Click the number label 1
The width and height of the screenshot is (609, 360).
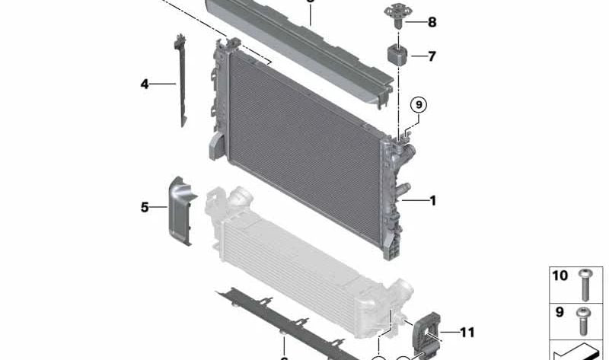pyautogui.click(x=432, y=201)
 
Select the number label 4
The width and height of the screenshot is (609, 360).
pyautogui.click(x=145, y=84)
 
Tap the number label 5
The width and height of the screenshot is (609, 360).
pyautogui.click(x=145, y=205)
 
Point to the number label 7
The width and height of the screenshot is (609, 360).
pyautogui.click(x=432, y=56)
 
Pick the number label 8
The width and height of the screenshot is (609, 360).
pyautogui.click(x=432, y=22)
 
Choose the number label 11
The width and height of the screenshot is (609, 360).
pyautogui.click(x=467, y=333)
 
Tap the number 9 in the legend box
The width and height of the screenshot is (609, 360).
pyautogui.click(x=560, y=312)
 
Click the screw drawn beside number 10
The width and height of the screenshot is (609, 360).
pyautogui.click(x=585, y=285)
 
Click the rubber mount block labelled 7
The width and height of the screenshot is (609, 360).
pyautogui.click(x=397, y=55)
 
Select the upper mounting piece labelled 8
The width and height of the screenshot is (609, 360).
pyautogui.click(x=397, y=15)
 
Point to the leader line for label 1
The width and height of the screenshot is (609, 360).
pyautogui.click(x=416, y=201)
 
